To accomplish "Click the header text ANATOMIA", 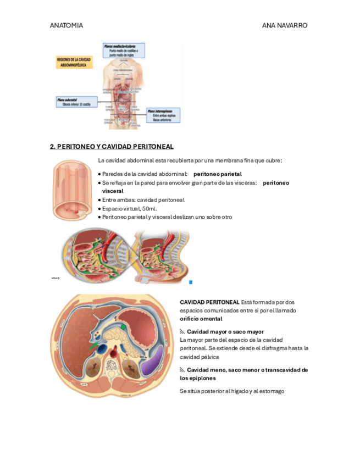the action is click(x=66, y=26).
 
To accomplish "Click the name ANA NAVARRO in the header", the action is click(x=285, y=26).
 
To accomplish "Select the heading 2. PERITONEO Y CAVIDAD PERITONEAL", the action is click(x=112, y=147).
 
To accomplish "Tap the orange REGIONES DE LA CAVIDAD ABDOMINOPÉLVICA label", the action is click(x=74, y=63).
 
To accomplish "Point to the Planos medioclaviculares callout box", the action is click(x=124, y=51).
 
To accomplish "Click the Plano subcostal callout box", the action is click(x=77, y=102).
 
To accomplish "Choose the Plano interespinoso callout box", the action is click(x=163, y=115).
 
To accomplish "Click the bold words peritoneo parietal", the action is click(x=217, y=174).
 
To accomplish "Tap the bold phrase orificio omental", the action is click(x=201, y=319).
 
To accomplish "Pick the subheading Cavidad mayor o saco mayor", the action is click(x=225, y=332).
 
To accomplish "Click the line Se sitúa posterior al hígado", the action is click(x=231, y=391).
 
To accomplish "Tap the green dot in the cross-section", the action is click(x=124, y=328).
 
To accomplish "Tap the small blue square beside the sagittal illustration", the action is click(x=191, y=282).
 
